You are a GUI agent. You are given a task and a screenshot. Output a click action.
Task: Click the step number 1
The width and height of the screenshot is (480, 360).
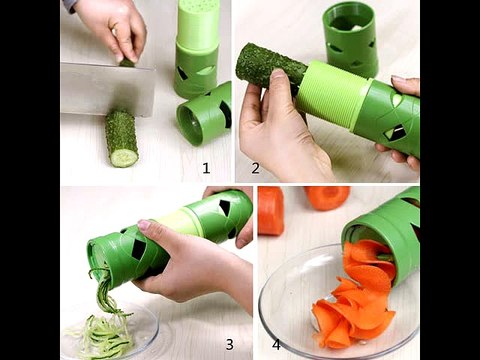click(206, 168)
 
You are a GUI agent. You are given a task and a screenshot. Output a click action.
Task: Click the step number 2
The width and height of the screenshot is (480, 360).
click(255, 168)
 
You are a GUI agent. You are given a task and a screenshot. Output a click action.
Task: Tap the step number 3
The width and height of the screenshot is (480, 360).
click(230, 345)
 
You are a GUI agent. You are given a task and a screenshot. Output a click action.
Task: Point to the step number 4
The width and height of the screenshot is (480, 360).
click(276, 345)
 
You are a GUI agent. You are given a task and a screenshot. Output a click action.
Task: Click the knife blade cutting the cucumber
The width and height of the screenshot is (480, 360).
click(108, 88)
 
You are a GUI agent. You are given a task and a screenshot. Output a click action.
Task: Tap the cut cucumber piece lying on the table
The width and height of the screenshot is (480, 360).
click(122, 139)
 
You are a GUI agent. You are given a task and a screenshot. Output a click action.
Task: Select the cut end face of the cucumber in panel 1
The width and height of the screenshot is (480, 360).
click(124, 158)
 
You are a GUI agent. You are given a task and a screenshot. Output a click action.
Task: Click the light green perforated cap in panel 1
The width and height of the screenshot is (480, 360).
click(195, 23)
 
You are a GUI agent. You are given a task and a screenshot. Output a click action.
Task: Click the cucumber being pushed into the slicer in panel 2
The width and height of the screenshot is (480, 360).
click(271, 68)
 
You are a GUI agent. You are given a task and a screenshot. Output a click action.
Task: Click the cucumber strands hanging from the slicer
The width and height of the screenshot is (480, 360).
click(103, 288)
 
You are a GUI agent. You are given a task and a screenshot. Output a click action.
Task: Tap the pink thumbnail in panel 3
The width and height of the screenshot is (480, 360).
click(144, 225)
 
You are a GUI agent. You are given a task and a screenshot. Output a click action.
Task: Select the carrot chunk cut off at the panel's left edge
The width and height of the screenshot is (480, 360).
click(270, 211)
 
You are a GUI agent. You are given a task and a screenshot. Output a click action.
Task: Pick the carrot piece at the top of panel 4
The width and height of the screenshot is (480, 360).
click(327, 198)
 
